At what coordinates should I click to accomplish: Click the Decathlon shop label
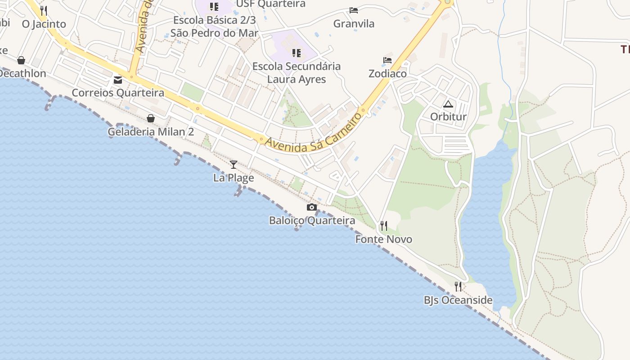[x=23, y=73]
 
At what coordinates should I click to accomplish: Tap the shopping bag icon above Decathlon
[x=21, y=60]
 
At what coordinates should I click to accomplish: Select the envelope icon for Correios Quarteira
[x=118, y=80]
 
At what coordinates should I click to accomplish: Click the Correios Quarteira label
[x=118, y=93]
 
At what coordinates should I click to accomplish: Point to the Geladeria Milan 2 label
[x=151, y=132]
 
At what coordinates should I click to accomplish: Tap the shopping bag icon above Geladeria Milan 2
[x=151, y=118]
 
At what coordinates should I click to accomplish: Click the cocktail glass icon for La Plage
[x=234, y=165]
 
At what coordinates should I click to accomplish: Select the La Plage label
[x=234, y=178]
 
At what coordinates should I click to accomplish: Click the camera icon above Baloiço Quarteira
[x=311, y=207]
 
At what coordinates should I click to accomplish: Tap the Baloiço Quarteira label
[x=312, y=220]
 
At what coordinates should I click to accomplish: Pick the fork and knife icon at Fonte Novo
[x=383, y=225]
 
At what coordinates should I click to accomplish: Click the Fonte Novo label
[x=383, y=239]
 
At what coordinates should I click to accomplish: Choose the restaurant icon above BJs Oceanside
[x=458, y=287]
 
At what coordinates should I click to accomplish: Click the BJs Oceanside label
[x=458, y=300]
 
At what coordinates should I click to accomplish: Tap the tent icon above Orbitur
[x=448, y=104]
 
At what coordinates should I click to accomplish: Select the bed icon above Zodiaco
[x=387, y=60]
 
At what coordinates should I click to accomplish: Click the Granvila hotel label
[x=354, y=24]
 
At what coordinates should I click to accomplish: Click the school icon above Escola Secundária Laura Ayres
[x=296, y=53]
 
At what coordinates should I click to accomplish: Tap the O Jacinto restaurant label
[x=44, y=24]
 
